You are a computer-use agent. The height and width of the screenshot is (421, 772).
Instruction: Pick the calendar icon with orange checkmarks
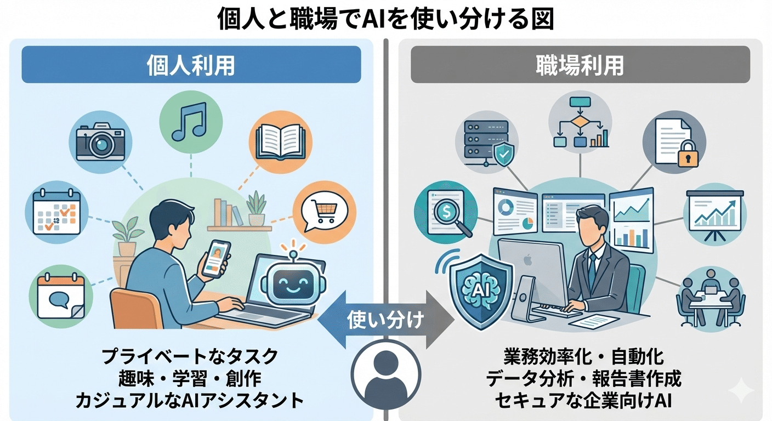click(x=53, y=212)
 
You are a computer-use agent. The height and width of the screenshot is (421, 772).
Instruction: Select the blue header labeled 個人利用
click(x=191, y=65)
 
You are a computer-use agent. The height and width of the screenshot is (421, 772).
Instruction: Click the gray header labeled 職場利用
click(x=580, y=65)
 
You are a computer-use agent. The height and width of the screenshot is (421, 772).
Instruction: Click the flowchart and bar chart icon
click(x=580, y=124)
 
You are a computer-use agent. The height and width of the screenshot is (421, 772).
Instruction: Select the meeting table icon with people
click(x=711, y=297)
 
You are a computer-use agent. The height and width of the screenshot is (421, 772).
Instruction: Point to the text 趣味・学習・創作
click(x=190, y=378)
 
